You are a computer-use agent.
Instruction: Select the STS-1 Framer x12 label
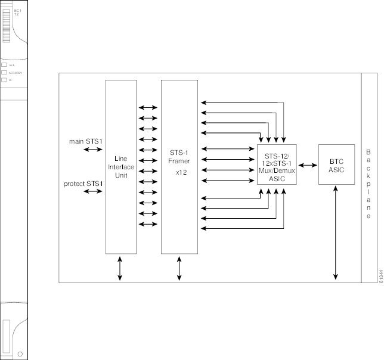pyautogui.click(x=179, y=161)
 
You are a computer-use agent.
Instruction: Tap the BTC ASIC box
pyautogui.click(x=337, y=165)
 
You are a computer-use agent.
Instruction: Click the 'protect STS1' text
pyautogui.click(x=83, y=183)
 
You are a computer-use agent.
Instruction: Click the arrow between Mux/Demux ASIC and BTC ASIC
pyautogui.click(x=308, y=165)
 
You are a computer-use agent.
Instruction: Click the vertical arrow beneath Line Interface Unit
pyautogui.click(x=120, y=268)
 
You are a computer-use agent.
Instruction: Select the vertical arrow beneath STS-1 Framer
pyautogui.click(x=179, y=268)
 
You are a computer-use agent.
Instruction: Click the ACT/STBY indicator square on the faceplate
pyautogui.click(x=4, y=72)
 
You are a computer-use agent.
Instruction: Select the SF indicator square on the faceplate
pyautogui.click(x=4, y=79)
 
